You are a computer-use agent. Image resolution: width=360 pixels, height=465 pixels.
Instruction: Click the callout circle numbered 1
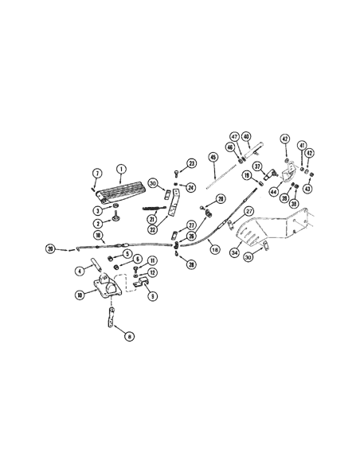(x=122, y=168)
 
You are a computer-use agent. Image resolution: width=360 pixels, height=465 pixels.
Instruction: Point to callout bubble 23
(x=191, y=163)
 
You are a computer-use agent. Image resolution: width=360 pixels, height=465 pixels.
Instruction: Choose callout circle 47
(x=235, y=136)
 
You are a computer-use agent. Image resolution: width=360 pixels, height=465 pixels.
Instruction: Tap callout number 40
(x=247, y=136)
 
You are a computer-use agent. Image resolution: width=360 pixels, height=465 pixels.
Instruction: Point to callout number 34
(x=235, y=253)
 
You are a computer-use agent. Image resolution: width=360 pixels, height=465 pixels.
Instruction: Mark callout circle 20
(x=51, y=249)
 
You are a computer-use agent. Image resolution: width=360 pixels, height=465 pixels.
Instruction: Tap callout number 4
(x=80, y=271)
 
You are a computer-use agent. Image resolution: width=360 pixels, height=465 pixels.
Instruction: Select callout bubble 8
(x=130, y=337)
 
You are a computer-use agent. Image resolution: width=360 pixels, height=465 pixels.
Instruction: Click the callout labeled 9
(x=152, y=295)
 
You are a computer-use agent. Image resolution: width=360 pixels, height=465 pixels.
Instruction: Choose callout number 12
(x=152, y=272)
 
